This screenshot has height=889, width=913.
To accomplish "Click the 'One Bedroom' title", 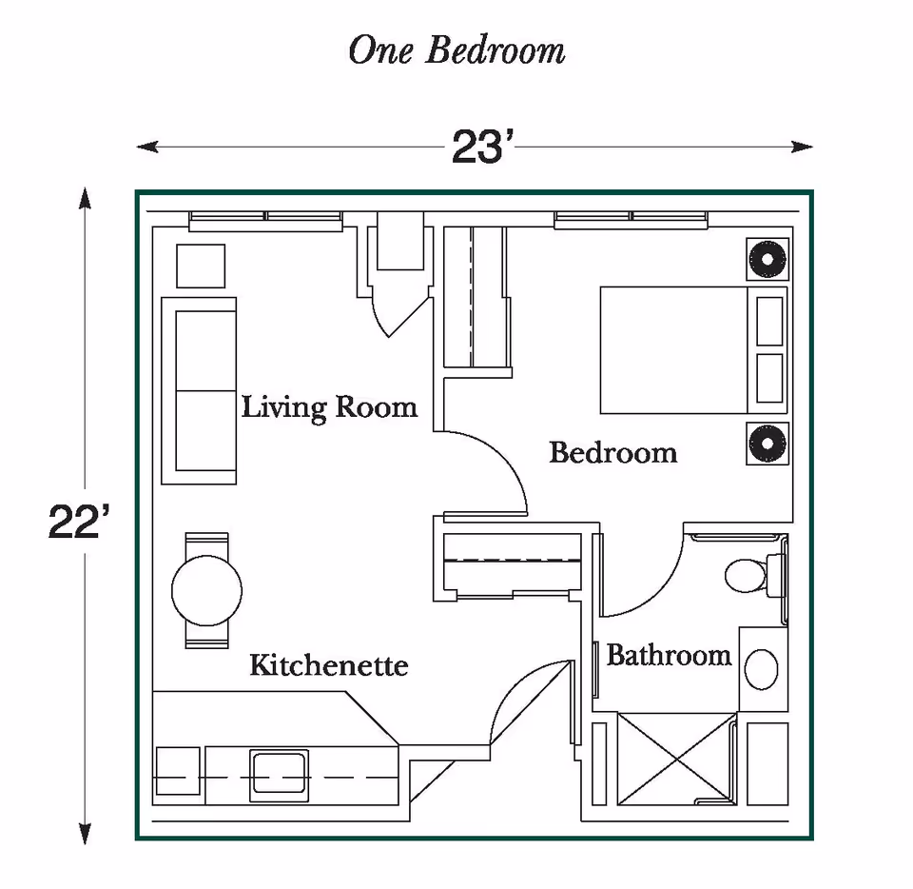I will click(x=456, y=50).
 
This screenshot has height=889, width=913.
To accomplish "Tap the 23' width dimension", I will click(x=482, y=147).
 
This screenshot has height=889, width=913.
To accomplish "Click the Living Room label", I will click(x=329, y=407).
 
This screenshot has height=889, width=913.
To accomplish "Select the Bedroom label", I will click(x=613, y=452).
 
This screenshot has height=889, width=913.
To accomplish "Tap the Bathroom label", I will click(x=669, y=656).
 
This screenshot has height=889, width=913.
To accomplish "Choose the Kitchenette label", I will click(x=328, y=664).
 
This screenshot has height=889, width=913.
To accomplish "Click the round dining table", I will click(x=206, y=590).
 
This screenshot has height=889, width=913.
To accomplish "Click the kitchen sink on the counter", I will click(x=279, y=775).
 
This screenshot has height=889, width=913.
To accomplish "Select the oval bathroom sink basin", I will click(x=762, y=669).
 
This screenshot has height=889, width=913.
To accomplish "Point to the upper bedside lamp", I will click(x=767, y=259).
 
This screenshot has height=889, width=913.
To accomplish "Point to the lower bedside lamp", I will click(x=767, y=443).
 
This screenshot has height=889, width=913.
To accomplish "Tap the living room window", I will click(x=265, y=220).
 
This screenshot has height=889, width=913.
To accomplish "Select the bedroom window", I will click(x=631, y=220).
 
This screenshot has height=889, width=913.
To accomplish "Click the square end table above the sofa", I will click(x=202, y=266).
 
